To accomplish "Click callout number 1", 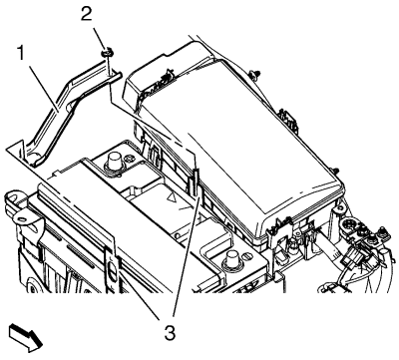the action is click(x=22, y=53).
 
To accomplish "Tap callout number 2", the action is click(x=86, y=14).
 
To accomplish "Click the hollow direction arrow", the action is click(x=26, y=337).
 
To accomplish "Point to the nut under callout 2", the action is click(x=107, y=53).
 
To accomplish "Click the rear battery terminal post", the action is click(x=115, y=163).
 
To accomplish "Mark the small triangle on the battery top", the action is click(x=172, y=198).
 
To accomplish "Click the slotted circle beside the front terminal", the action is click(x=248, y=256).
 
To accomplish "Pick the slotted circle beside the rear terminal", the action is click(x=130, y=160).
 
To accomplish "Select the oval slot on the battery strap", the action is click(x=113, y=268).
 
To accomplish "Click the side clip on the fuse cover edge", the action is click(x=288, y=119).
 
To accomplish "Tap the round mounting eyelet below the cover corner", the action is click(x=340, y=209).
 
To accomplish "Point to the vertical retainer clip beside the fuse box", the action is click(x=196, y=182).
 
